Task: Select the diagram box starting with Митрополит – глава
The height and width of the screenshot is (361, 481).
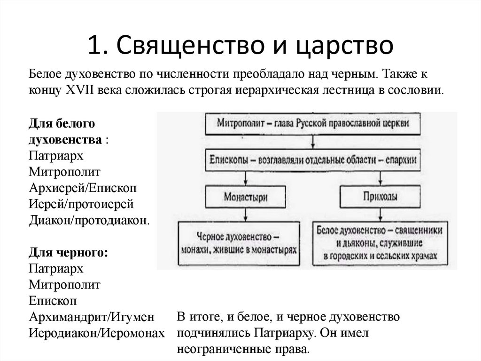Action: tap(312, 123)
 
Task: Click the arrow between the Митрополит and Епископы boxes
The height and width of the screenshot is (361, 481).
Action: tap(312, 141)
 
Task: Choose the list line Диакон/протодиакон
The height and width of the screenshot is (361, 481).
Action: tap(90, 220)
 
